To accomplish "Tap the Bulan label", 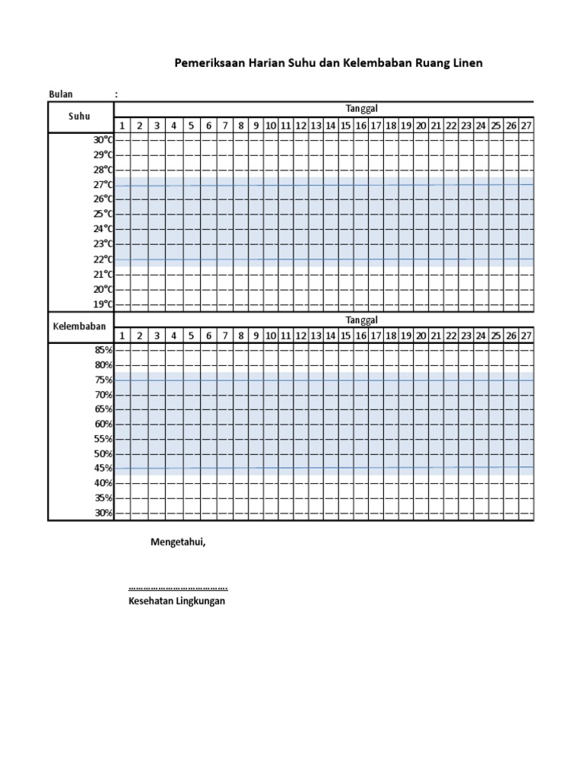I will pos(61,94).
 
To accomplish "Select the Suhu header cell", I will pos(79,116).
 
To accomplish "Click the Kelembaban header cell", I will pos(79,326).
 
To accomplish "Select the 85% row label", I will pos(103,350).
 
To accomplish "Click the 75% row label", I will pos(103,380).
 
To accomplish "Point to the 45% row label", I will pos(103,469).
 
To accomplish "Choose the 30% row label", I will pos(103,514).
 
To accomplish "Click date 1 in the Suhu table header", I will pos(122,126).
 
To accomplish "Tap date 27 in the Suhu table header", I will pos(525,126).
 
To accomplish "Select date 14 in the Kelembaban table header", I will pos(331,335).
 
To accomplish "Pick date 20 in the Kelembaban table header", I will pos(421,335).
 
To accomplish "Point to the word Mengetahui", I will pos(178,542).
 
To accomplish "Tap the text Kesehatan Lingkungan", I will pos(177,601).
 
